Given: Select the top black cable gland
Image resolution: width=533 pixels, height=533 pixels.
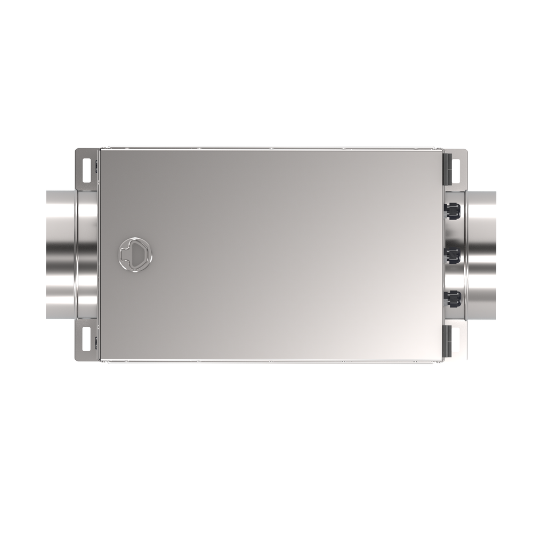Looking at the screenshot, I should [x=452, y=213].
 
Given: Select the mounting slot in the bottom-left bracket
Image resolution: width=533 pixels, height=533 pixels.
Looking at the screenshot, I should [x=86, y=341].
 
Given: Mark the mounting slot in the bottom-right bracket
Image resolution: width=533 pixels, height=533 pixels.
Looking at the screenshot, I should [x=456, y=341].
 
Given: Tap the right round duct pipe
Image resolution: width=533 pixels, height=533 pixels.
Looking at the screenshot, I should [x=482, y=254].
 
